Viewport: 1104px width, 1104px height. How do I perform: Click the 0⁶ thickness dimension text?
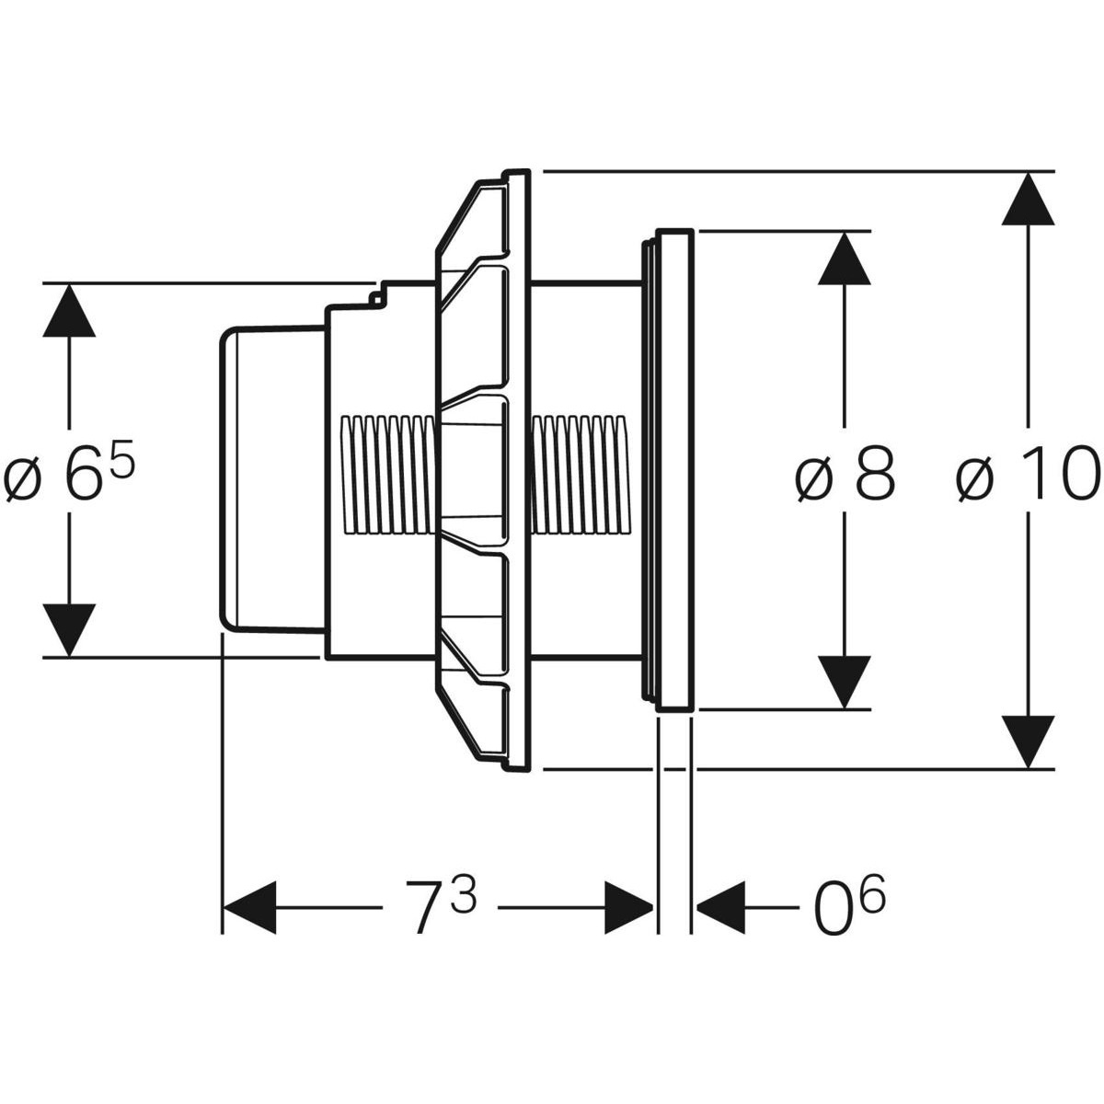click(x=847, y=906)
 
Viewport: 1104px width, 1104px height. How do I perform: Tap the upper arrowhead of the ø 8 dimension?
click(x=845, y=260)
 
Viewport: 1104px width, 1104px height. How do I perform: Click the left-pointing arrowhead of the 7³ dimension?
click(x=250, y=906)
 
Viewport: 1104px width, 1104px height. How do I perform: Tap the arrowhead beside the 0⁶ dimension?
click(x=719, y=906)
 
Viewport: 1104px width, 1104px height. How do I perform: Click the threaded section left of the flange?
click(x=385, y=473)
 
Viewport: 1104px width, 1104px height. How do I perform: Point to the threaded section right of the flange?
click(x=581, y=473)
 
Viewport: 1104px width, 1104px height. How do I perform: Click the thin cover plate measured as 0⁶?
click(x=674, y=469)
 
